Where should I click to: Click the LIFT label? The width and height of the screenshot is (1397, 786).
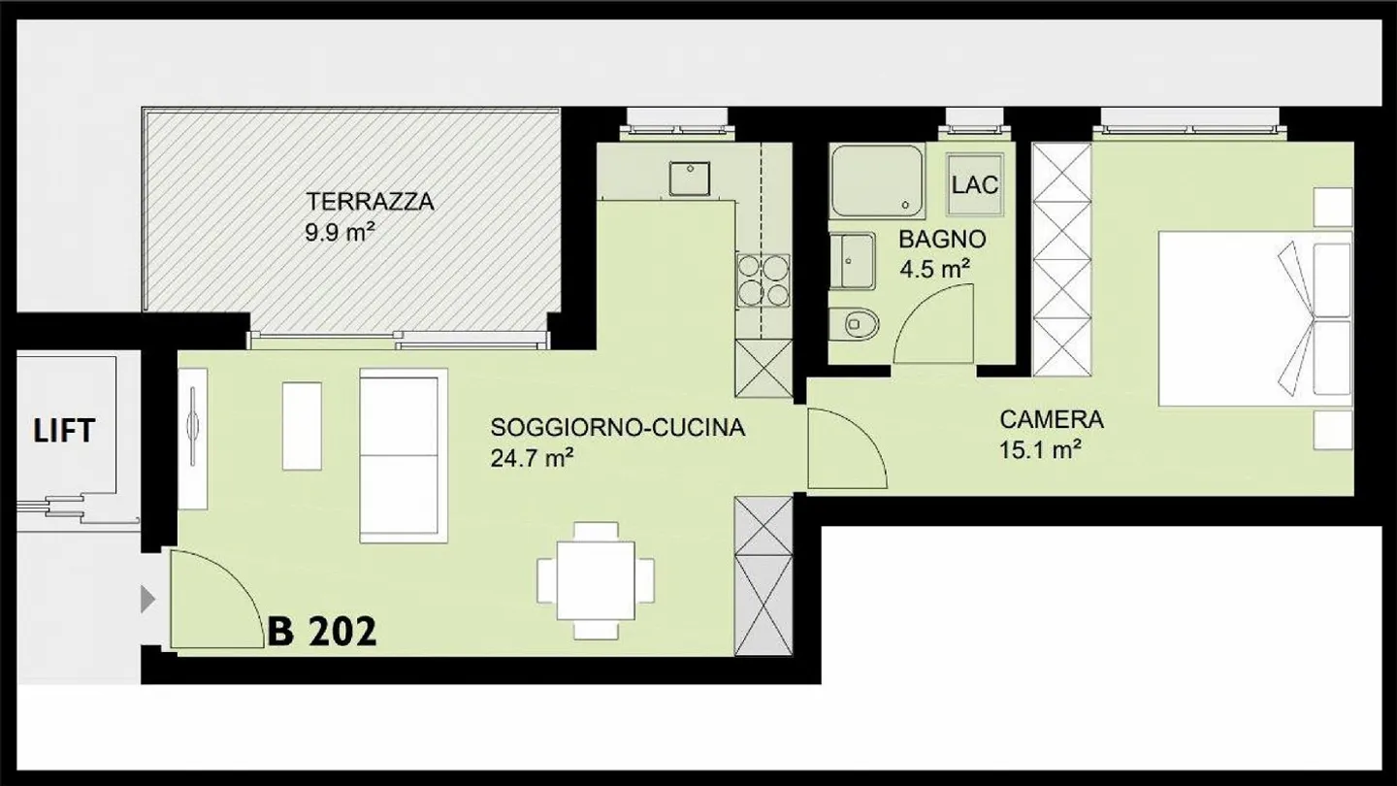click(64, 431)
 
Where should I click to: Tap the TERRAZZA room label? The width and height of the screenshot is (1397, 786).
click(370, 202)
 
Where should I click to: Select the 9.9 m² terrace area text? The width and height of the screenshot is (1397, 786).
click(340, 233)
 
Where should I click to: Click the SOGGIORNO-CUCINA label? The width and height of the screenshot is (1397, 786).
click(617, 428)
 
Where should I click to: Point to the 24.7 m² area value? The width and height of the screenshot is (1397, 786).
click(530, 458)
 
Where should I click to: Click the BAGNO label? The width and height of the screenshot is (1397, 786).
click(941, 239)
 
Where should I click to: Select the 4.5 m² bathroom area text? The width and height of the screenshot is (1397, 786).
click(934, 269)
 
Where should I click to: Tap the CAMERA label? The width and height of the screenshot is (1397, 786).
click(1052, 420)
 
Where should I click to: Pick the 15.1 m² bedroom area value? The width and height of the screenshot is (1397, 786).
click(1040, 450)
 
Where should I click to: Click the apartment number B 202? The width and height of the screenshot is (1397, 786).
click(322, 632)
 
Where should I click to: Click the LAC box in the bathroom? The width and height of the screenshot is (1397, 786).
click(974, 184)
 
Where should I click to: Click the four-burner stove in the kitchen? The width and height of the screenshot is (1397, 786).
click(763, 279)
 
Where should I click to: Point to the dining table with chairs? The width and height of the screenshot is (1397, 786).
click(596, 581)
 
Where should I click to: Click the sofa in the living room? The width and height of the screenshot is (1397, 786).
click(404, 455)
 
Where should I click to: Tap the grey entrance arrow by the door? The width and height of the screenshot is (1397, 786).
click(147, 599)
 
